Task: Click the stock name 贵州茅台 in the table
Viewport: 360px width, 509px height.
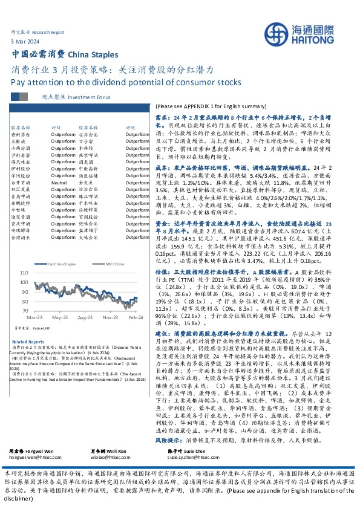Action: point(19,136)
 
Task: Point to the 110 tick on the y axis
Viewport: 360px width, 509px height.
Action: point(24,273)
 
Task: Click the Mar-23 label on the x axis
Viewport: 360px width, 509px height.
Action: point(33,317)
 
